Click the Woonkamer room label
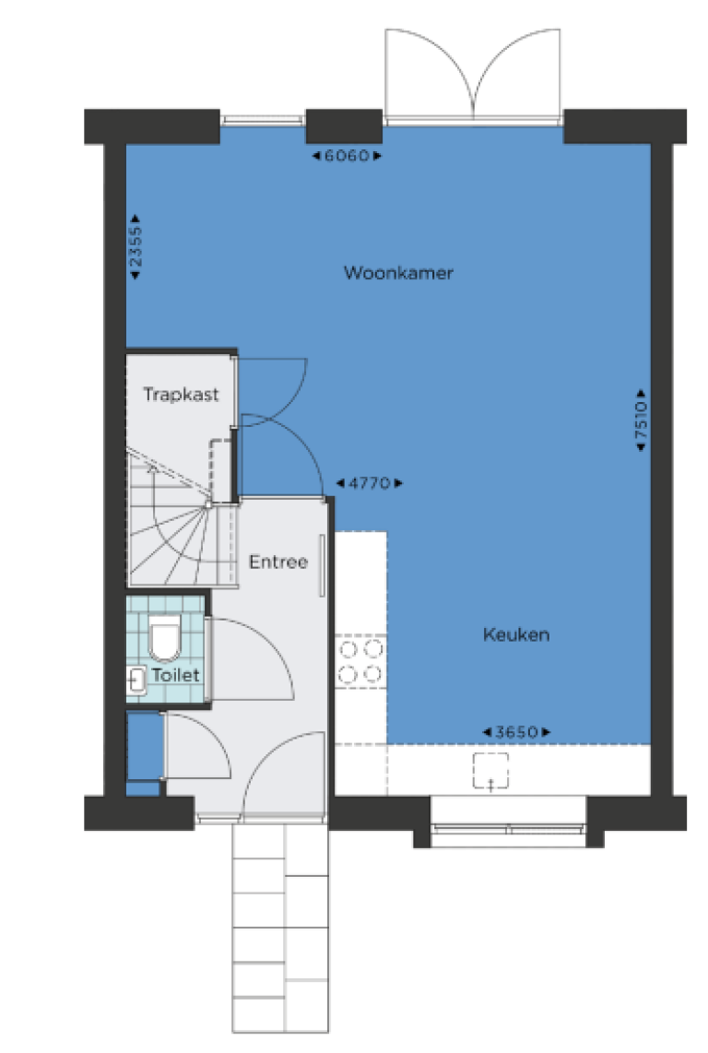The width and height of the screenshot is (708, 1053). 398,273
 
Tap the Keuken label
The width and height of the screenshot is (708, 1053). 516,634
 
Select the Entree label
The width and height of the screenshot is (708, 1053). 278,562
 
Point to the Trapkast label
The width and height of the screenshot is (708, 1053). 181,395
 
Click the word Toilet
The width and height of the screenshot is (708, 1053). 175,674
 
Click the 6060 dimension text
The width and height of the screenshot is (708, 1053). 347,156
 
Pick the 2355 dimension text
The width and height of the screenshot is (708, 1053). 136,247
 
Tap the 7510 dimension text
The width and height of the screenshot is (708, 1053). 642,420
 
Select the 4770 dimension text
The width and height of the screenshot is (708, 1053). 369,483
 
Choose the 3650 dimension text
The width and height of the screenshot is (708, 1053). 516,732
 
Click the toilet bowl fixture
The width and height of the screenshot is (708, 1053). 165,639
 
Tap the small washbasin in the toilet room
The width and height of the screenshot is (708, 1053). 136,680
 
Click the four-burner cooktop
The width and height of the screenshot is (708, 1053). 360,661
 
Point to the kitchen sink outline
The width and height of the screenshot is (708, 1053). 490,770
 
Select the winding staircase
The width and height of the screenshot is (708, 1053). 182,517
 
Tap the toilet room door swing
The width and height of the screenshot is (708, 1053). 252,658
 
